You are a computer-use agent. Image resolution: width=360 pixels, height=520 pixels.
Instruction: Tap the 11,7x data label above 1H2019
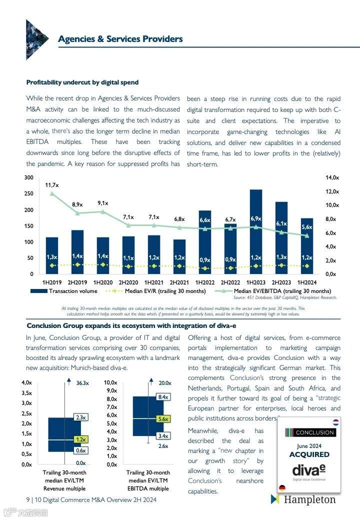pos(52,185)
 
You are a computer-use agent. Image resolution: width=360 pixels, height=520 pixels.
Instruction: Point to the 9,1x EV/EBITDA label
pos(103,203)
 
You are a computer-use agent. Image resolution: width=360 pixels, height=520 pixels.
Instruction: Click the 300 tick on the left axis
pos(28,178)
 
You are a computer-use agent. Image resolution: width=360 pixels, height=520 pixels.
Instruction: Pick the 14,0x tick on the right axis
pos(332,178)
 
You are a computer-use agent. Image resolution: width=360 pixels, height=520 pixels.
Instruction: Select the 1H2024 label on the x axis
pos(307,282)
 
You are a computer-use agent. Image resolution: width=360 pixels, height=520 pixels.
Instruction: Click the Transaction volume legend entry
pos(64,291)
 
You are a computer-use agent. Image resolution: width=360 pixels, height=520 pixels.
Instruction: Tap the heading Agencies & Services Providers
pos(120,39)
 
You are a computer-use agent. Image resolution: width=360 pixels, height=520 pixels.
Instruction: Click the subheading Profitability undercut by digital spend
pos(82,82)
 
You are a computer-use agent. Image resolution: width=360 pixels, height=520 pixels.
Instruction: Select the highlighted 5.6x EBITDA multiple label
pos(162,419)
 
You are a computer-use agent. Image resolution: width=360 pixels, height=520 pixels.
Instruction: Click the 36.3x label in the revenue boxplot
pos(82,383)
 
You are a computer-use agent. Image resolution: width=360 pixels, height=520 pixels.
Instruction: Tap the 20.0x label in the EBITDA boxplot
pos(165,383)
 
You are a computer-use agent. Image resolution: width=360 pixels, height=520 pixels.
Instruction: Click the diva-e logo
pos(309,471)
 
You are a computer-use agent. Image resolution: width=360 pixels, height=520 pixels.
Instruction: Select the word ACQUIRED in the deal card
pos(309,454)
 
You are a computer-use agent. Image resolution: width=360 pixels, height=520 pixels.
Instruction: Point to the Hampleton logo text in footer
pos(309,499)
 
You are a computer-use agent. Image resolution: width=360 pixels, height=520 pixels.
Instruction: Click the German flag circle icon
pos(282,488)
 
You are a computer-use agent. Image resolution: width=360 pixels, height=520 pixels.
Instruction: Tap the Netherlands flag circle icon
pos(335,422)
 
